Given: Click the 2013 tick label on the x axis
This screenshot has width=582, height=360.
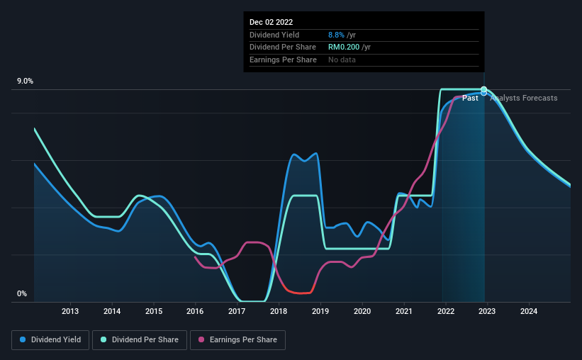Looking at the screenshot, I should click(69, 311).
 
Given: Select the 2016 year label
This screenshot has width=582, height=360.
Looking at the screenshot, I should click(195, 311).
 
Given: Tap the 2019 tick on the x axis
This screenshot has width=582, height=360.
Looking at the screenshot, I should click(320, 311).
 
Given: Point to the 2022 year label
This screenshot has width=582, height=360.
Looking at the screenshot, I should click(445, 311).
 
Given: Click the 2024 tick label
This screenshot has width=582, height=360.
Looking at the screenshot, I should click(528, 311).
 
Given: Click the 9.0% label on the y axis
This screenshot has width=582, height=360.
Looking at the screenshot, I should click(25, 81).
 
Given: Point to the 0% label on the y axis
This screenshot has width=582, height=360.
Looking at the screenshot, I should click(22, 294).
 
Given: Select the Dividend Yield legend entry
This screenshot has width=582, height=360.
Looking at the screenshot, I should click(51, 340).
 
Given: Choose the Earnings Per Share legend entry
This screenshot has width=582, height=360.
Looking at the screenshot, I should click(237, 340).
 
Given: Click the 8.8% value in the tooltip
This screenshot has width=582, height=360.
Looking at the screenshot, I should click(336, 35).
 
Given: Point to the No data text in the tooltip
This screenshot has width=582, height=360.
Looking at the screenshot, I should click(342, 60).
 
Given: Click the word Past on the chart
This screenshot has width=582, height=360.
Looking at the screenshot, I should click(470, 98).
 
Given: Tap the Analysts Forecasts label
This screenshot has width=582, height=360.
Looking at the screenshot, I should click(523, 98).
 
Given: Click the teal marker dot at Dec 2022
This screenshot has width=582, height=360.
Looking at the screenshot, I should click(484, 89).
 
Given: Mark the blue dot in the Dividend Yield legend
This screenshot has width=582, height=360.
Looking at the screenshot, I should click(23, 340).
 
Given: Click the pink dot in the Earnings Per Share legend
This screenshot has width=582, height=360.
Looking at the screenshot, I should click(201, 340).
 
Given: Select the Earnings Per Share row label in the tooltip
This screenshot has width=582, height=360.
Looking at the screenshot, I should click(283, 60).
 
